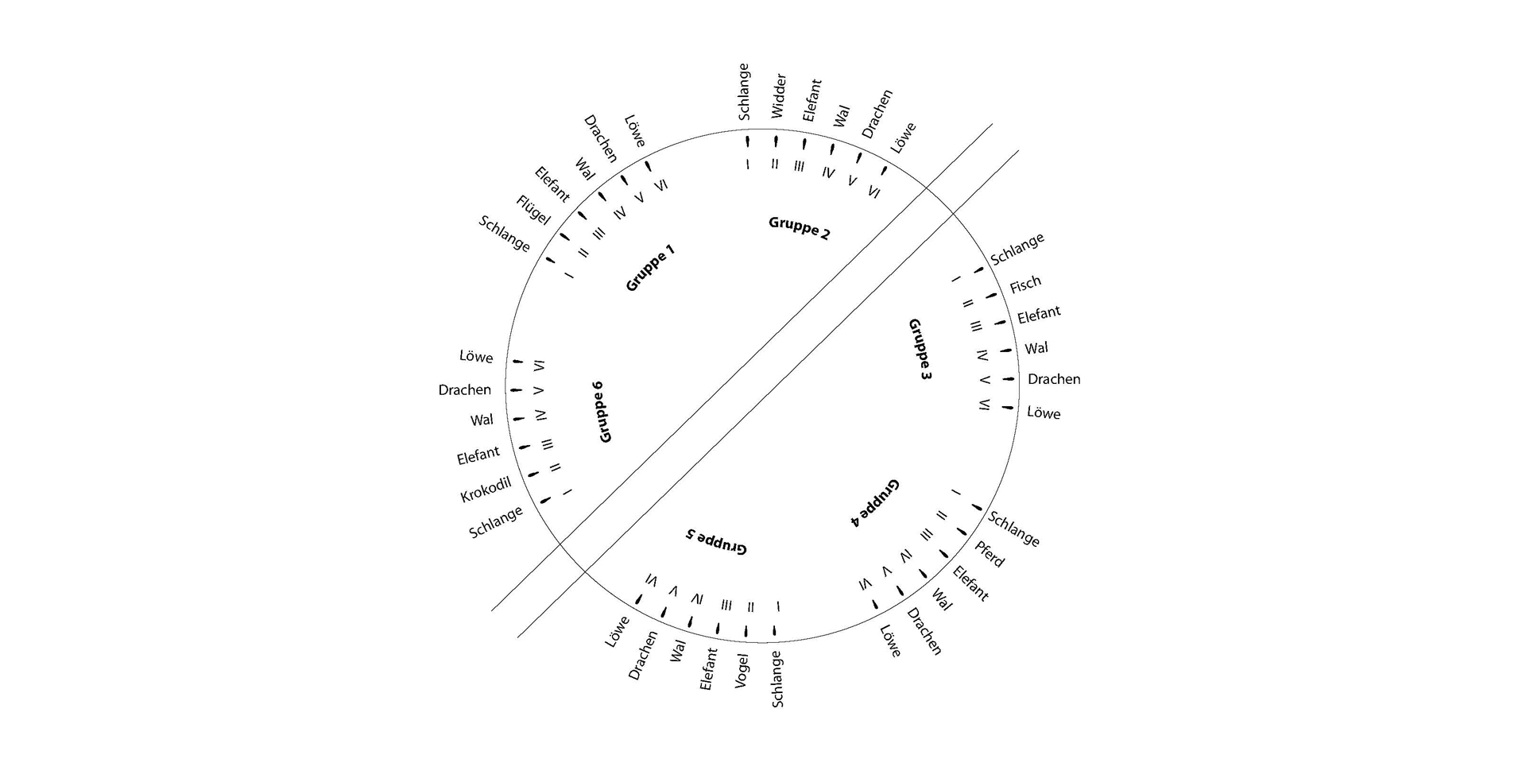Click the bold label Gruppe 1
point(650,268)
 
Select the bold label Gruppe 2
point(800,227)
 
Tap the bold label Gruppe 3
point(920,349)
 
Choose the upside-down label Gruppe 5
point(717,540)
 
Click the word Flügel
point(533,210)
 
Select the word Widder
point(778,96)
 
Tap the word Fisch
point(1025,284)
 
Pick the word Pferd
point(990,554)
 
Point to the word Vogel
point(742,671)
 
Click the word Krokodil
point(486,489)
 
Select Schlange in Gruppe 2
point(744,91)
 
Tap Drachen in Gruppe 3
point(1054,379)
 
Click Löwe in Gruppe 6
point(476,357)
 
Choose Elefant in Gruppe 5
point(708,668)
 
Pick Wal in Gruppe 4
point(942,600)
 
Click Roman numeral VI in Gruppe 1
point(660,185)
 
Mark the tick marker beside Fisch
point(990,296)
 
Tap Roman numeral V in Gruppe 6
point(538,390)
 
